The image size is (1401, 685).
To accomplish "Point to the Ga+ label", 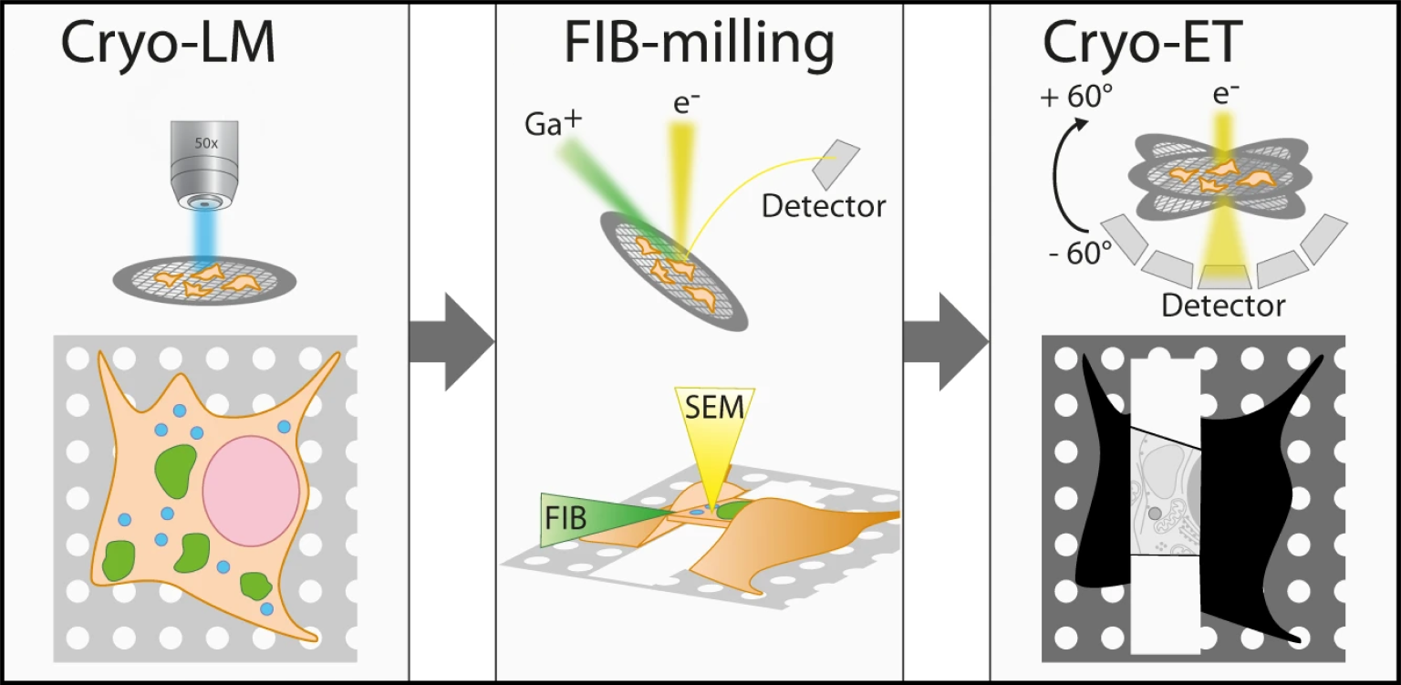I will (x=553, y=125).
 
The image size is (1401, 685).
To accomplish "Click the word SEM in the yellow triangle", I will (x=716, y=408).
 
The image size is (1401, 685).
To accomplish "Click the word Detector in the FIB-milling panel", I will (x=823, y=206).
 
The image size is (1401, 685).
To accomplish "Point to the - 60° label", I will (x=1080, y=252).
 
